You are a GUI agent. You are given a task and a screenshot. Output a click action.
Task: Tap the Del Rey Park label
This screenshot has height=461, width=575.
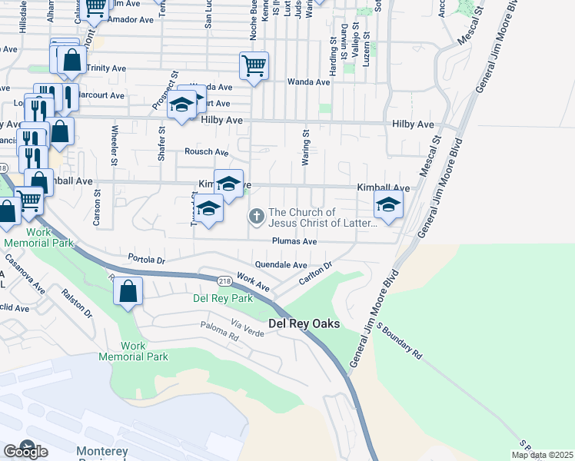(x=223, y=298)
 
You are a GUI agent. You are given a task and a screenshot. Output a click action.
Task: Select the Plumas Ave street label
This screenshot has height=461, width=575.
(x=294, y=241)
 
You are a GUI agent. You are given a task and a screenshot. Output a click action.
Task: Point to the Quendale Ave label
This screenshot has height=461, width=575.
(x=281, y=264)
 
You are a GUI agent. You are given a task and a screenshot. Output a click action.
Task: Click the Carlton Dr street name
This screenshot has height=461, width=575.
(x=316, y=274)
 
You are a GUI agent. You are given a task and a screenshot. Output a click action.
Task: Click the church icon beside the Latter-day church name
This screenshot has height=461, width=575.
(x=257, y=218)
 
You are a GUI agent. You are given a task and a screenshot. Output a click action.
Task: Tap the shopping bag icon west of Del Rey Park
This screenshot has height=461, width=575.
(x=128, y=291)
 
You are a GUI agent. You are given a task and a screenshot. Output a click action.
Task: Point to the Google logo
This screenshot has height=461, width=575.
(x=25, y=451)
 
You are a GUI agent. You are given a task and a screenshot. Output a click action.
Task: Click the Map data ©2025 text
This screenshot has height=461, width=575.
(x=541, y=455)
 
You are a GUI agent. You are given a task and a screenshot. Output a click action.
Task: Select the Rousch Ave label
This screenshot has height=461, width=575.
(x=207, y=152)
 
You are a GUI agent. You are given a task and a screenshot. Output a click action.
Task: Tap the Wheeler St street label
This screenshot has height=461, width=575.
(x=114, y=144)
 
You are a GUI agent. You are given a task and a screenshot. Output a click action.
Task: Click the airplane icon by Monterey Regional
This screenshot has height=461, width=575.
(x=27, y=447)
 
